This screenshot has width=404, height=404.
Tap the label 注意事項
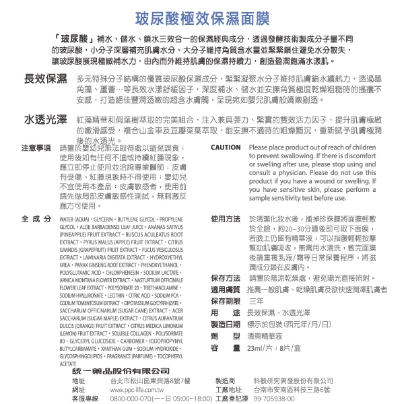(36, 147)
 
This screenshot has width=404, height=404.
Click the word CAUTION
(226, 147)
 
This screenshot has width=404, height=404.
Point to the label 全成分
(36, 220)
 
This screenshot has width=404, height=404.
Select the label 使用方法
(226, 220)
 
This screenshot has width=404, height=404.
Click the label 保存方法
(226, 277)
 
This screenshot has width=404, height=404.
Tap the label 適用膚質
(226, 289)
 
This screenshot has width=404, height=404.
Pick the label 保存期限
(226, 300)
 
